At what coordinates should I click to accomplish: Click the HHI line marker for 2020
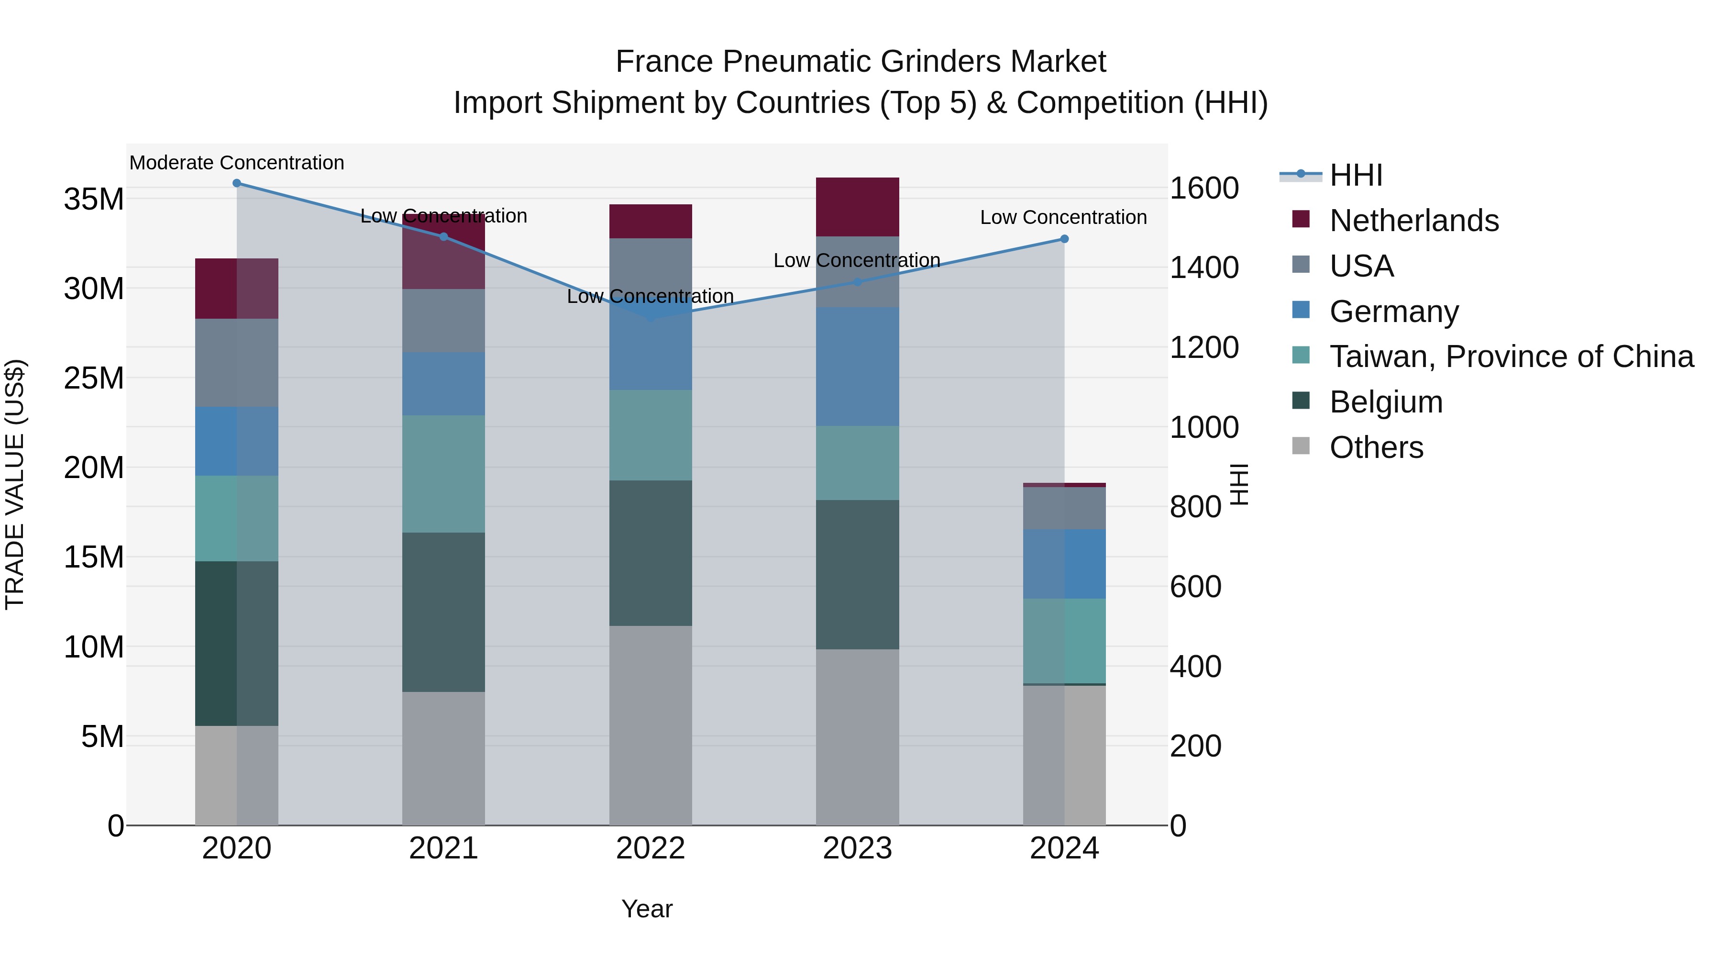point(237,183)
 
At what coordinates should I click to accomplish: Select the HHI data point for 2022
point(651,317)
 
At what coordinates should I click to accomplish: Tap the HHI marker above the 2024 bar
point(1064,239)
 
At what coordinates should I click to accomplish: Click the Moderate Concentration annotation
point(237,163)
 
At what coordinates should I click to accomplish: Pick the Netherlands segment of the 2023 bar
point(857,207)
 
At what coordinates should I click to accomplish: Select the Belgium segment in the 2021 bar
point(443,612)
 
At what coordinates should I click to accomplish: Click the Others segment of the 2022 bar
point(651,725)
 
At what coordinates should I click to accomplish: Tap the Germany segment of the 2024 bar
point(1064,564)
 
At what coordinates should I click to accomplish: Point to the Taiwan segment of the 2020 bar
point(237,518)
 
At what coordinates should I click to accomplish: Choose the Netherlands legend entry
point(1414,221)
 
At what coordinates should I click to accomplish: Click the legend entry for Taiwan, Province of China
point(1511,356)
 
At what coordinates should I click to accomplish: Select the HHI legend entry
point(1356,175)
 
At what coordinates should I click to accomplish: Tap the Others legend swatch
point(1301,446)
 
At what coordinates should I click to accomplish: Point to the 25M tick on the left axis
point(94,379)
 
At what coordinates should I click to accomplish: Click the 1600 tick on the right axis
point(1204,188)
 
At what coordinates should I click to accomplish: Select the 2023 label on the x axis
point(857,848)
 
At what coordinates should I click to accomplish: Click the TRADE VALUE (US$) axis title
point(15,484)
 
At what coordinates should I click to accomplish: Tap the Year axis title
point(646,909)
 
